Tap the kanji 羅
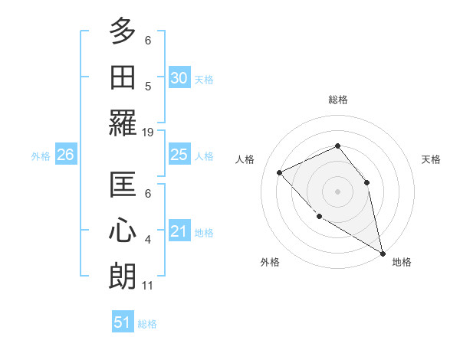(123, 122)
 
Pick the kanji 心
(123, 231)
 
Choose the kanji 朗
(123, 276)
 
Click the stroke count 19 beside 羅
(149, 133)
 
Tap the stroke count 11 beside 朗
(149, 286)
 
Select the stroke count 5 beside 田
(148, 87)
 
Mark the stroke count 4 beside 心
(148, 241)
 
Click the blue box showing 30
(179, 78)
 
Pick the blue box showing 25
(179, 155)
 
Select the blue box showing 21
(179, 231)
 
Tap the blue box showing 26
(65, 155)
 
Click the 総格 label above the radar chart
(337, 100)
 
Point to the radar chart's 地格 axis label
(402, 262)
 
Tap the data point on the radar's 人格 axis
(280, 172)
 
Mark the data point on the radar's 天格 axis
(366, 182)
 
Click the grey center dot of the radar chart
(337, 191)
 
